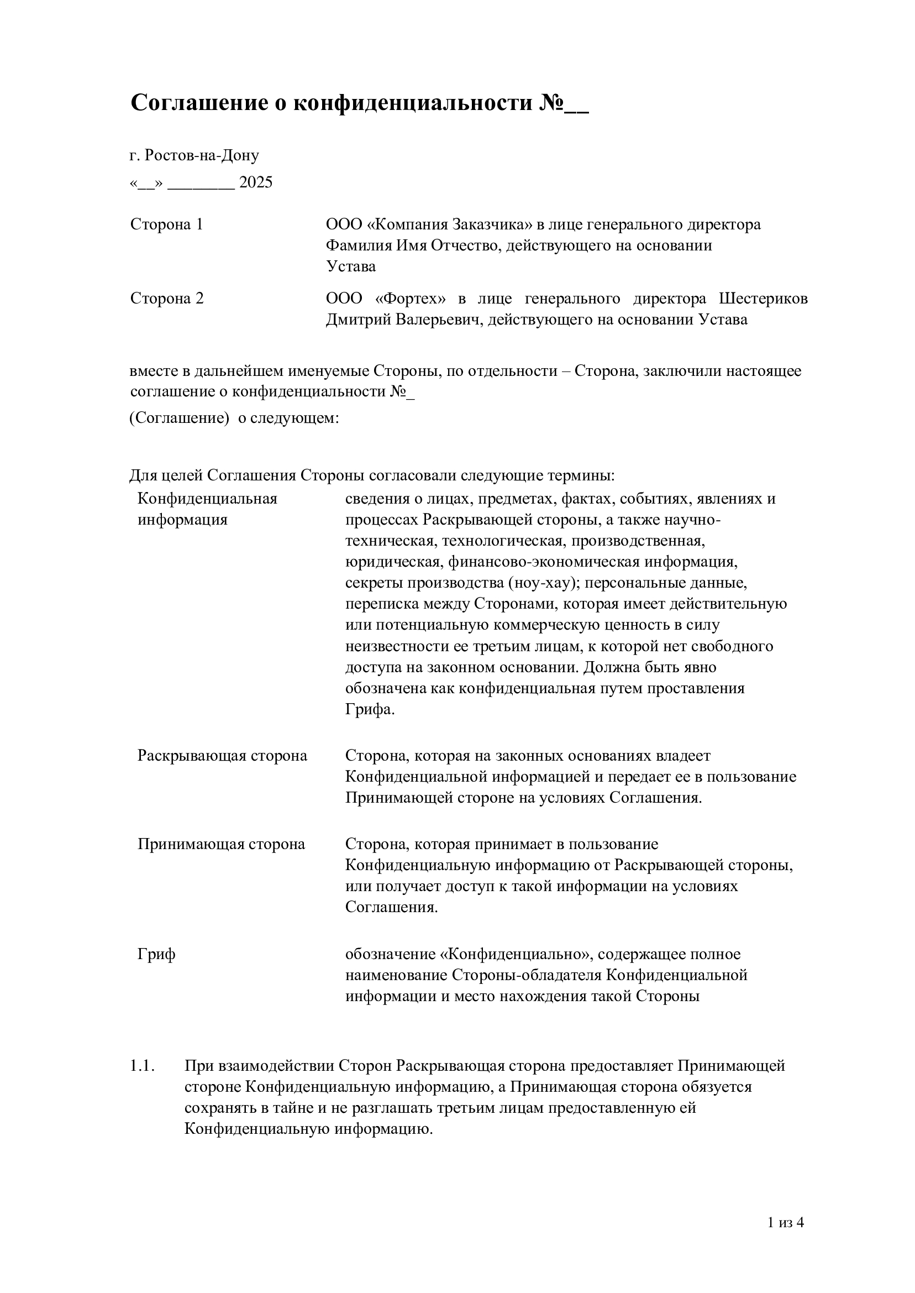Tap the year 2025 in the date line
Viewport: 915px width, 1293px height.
tap(256, 182)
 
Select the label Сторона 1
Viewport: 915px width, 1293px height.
tap(167, 224)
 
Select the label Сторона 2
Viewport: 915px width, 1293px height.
tap(167, 298)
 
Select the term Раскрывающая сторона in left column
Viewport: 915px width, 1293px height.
tap(223, 756)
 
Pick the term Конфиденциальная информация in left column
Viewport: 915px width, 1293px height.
tap(207, 509)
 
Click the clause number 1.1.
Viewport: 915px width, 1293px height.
tap(142, 1066)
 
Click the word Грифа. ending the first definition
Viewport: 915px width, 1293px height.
tap(370, 709)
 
